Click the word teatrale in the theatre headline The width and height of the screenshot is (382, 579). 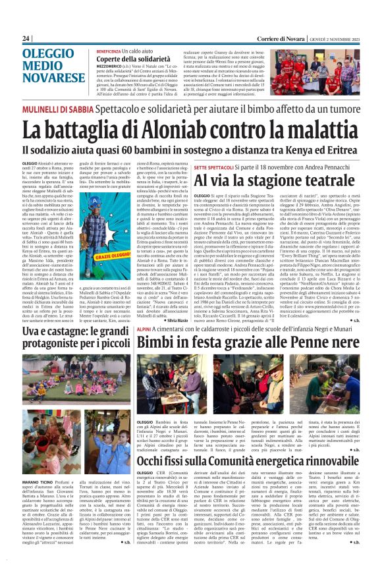point(307,181)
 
